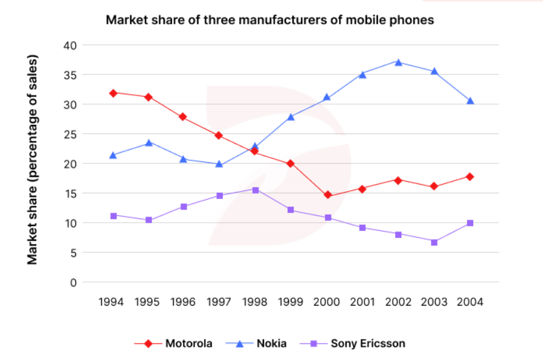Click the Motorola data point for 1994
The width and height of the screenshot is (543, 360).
click(113, 93)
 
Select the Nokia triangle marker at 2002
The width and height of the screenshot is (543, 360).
click(398, 62)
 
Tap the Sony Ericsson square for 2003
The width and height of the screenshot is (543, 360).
click(434, 242)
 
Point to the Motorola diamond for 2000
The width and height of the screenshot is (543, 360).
click(327, 195)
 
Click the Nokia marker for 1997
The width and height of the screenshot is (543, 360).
click(219, 163)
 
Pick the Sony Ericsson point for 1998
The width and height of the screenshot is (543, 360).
click(255, 190)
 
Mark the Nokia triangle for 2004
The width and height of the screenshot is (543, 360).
click(470, 100)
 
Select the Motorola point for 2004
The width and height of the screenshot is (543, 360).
click(470, 177)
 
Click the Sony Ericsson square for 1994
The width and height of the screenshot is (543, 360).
click(114, 216)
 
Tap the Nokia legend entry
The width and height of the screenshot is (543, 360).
click(257, 343)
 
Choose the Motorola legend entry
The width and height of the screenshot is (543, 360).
click(174, 343)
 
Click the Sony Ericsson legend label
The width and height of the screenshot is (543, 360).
click(368, 343)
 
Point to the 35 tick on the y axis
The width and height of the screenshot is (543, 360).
click(70, 75)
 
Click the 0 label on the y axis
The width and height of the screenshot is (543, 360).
click(73, 283)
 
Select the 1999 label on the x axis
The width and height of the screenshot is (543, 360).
click(291, 302)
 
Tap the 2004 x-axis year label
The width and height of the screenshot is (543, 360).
click(470, 302)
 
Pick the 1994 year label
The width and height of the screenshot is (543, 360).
click(111, 302)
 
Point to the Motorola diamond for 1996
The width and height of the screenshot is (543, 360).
click(183, 117)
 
